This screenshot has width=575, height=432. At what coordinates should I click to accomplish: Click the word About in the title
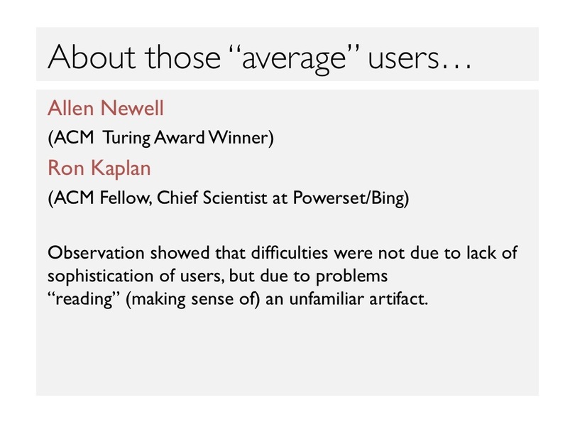[92, 57]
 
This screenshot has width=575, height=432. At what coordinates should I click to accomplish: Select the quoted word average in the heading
[294, 59]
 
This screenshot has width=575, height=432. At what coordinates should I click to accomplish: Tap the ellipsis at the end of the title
[456, 66]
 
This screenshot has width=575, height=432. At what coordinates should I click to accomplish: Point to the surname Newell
[132, 108]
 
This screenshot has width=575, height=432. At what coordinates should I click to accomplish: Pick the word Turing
[126, 138]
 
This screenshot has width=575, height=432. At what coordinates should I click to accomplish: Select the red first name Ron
[65, 168]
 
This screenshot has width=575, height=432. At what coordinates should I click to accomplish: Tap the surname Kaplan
[121, 168]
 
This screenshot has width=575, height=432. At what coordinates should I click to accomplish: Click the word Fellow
[126, 198]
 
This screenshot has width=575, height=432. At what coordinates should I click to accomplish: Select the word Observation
[96, 252]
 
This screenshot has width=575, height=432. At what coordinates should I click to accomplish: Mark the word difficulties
[290, 252]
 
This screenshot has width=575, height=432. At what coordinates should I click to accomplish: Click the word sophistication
[101, 276]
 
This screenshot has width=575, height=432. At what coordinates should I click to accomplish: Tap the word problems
[351, 276]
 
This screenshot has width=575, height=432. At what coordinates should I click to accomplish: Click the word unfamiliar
[327, 298]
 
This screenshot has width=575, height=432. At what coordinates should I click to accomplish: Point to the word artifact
[398, 298]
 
